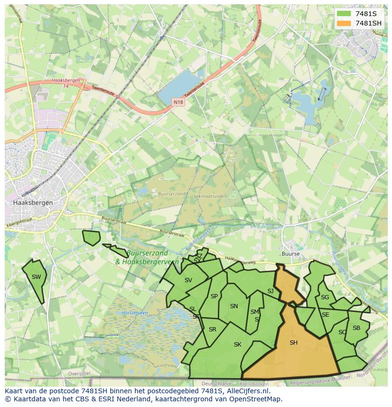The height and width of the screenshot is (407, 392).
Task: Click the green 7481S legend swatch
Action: click(344, 14)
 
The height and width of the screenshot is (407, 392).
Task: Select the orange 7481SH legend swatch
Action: click(344, 23)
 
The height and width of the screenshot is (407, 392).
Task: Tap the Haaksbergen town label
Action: click(33, 202)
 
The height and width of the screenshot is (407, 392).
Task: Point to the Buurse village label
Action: click(290, 254)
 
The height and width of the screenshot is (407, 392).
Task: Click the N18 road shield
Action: click(178, 102)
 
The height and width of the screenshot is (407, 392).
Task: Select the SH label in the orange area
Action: click(294, 343)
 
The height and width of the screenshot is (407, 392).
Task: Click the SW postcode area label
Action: click(36, 277)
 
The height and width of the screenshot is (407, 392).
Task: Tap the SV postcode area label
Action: click(188, 280)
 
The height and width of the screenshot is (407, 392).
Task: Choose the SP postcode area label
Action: click(214, 296)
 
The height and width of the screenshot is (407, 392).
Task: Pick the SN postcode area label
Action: click(234, 306)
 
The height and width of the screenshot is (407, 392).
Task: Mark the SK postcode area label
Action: click(238, 345)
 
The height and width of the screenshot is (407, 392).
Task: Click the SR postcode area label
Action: click(213, 329)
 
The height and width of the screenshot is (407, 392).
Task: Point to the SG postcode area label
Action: click(325, 297)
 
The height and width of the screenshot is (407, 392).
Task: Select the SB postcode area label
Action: click(356, 328)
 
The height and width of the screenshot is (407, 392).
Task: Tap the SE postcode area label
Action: click(325, 315)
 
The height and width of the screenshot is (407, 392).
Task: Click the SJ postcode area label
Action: click(270, 291)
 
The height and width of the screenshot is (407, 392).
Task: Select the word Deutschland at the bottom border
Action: click(216, 384)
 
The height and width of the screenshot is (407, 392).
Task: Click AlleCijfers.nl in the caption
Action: click(247, 391)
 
